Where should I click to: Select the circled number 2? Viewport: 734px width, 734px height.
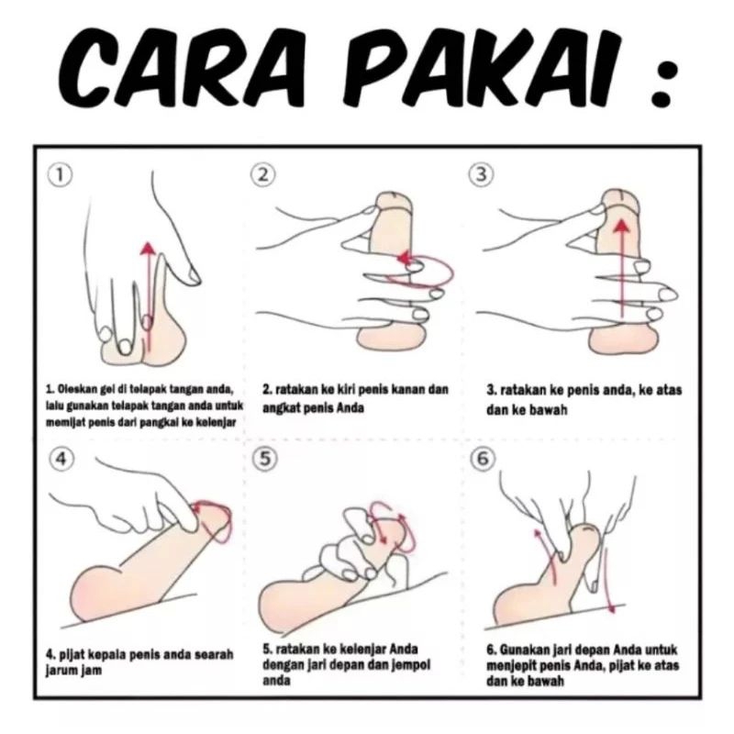pos(263,174)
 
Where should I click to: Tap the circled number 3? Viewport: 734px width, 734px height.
pos(481,174)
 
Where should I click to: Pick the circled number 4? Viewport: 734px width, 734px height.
pos(61,459)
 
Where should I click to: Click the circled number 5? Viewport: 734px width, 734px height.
pos(265,458)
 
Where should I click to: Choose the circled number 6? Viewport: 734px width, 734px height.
pos(483,458)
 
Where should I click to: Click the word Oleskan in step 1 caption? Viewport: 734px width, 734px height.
pos(73,388)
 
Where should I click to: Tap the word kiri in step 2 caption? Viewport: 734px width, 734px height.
pos(350,389)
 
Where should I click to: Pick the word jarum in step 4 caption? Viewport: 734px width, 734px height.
pos(61,671)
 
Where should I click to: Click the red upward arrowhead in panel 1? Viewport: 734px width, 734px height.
pos(149,247)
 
